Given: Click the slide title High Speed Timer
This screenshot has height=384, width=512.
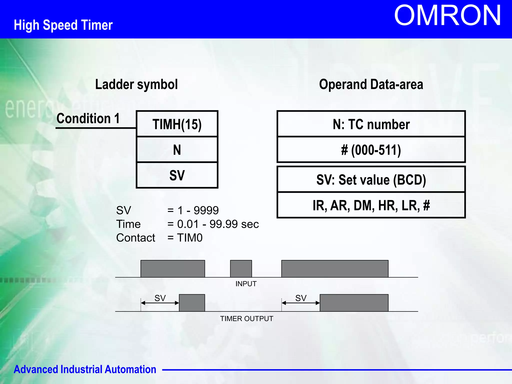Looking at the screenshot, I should click(x=63, y=25).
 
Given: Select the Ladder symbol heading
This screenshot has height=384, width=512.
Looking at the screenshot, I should click(x=136, y=84).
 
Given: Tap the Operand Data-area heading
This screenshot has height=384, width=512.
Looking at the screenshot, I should click(x=371, y=84).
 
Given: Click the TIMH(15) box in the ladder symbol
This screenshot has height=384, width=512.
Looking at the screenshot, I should click(x=177, y=124).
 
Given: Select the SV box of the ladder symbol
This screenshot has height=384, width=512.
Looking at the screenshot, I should click(x=177, y=175).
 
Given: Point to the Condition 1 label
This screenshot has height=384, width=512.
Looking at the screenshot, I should click(x=88, y=118).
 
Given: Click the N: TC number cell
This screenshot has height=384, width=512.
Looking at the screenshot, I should click(x=371, y=124).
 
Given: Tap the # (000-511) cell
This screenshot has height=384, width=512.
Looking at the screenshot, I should click(x=371, y=150).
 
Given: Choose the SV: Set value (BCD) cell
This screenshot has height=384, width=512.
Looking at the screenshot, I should click(x=371, y=180).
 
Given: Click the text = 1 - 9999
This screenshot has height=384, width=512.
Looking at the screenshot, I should click(x=193, y=210).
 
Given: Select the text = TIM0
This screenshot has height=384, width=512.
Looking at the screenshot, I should click(x=185, y=238).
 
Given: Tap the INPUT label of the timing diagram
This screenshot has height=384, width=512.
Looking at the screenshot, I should click(x=246, y=284).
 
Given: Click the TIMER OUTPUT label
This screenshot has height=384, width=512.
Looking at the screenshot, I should click(x=246, y=319).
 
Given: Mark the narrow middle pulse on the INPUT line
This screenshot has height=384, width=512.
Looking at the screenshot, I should click(x=241, y=269).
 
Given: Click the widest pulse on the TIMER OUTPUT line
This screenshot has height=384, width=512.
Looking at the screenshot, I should click(x=354, y=303).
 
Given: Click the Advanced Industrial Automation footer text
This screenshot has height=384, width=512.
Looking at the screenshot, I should click(x=85, y=369).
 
